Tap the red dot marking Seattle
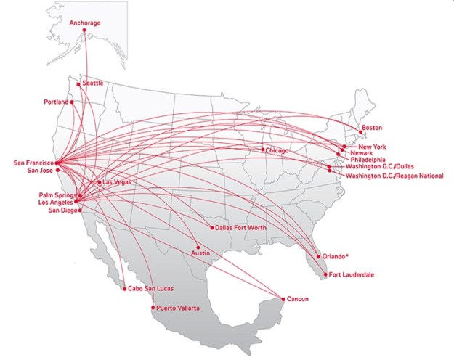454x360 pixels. pyautogui.click(x=78, y=84)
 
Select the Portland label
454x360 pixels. pyautogui.click(x=55, y=102)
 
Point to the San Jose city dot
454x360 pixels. pyautogui.click(x=57, y=171)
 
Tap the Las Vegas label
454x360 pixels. pyautogui.click(x=117, y=181)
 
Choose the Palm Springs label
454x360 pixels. pyautogui.click(x=56, y=195)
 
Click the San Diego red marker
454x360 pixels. pyautogui.click(x=78, y=210)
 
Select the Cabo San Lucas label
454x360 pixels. pyautogui.click(x=150, y=288)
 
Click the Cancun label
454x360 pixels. pyautogui.click(x=298, y=299)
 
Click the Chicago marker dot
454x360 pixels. pyautogui.click(x=263, y=150)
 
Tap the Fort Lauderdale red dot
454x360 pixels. pyautogui.click(x=325, y=274)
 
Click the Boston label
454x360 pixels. pyautogui.click(x=371, y=128)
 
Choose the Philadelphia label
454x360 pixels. pyautogui.click(x=368, y=160)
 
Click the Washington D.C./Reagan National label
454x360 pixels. pyautogui.click(x=394, y=176)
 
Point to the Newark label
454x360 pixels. pyautogui.click(x=361, y=153)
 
